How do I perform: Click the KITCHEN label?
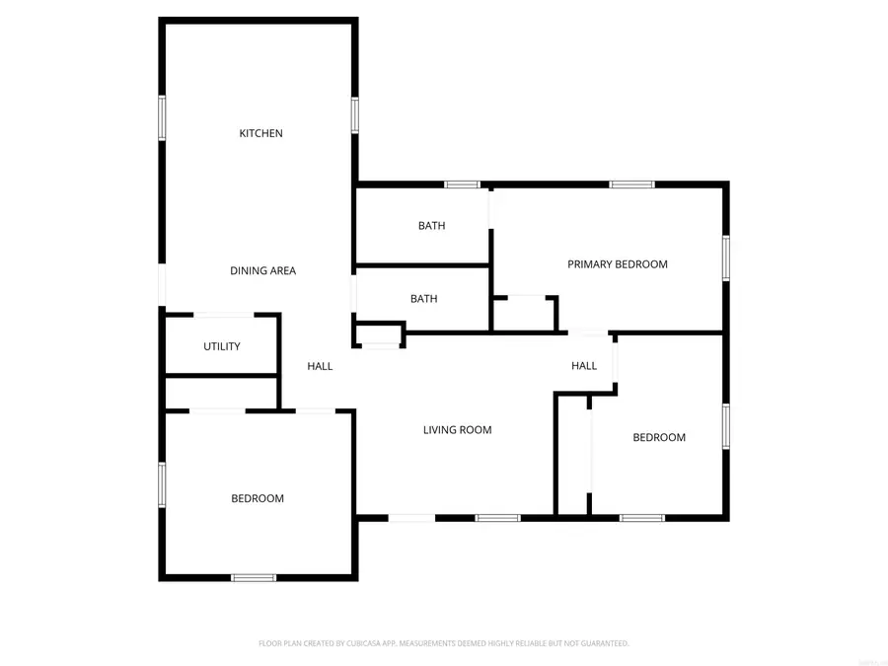(x=261, y=133)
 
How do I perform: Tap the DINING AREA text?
(x=262, y=270)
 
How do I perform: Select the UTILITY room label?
(x=222, y=346)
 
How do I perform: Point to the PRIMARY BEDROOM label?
(x=618, y=264)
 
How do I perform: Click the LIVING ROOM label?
(x=457, y=430)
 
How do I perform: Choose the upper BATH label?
(x=431, y=226)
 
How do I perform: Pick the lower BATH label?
(x=423, y=299)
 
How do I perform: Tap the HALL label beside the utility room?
(x=320, y=366)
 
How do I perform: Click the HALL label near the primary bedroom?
(x=584, y=366)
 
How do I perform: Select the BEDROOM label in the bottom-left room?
(x=258, y=498)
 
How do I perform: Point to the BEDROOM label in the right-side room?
(x=659, y=437)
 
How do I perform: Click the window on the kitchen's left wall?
(x=163, y=117)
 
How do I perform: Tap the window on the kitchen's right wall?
(x=354, y=114)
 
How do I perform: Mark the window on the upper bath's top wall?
(x=462, y=185)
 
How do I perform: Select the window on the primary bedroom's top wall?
(x=631, y=185)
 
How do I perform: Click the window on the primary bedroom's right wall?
(x=725, y=258)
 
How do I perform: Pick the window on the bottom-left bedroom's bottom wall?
(x=254, y=577)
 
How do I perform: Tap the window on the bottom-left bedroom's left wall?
(x=163, y=484)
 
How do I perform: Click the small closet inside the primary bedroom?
(x=525, y=314)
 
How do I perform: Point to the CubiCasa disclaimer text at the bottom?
(x=444, y=643)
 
